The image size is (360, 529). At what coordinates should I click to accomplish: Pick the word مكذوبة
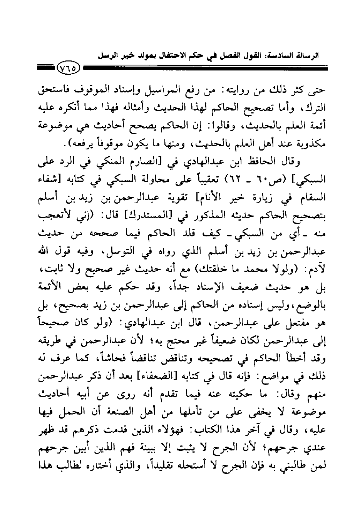click(x=308, y=145)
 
